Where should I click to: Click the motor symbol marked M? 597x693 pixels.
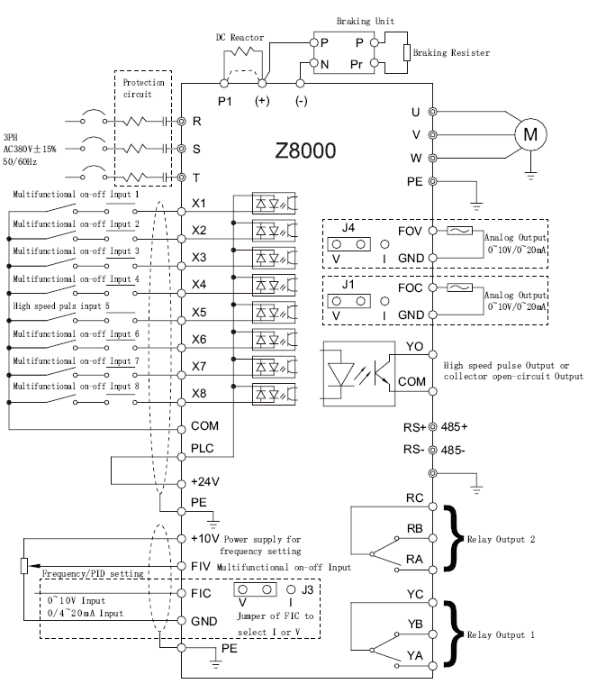pyautogui.click(x=530, y=134)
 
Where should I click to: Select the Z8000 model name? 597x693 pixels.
pyautogui.click(x=305, y=150)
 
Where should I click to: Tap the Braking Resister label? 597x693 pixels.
pyautogui.click(x=451, y=52)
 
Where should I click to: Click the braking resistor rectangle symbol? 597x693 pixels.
pyautogui.click(x=407, y=52)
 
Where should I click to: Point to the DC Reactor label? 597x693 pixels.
pyautogui.click(x=240, y=38)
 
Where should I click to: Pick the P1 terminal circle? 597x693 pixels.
pyautogui.click(x=224, y=83)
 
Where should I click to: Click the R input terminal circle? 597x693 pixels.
pyautogui.click(x=181, y=121)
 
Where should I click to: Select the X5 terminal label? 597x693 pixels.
pyautogui.click(x=199, y=312)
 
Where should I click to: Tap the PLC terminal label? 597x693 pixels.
pyautogui.click(x=203, y=448)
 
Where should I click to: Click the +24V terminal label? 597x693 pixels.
pyautogui.click(x=205, y=481)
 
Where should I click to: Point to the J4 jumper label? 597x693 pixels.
pyautogui.click(x=348, y=228)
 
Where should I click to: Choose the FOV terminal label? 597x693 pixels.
pyautogui.click(x=410, y=231)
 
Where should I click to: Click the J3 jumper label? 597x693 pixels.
pyautogui.click(x=307, y=589)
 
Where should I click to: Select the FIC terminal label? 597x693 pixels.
pyautogui.click(x=201, y=593)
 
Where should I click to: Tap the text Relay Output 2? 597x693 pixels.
pyautogui.click(x=501, y=539)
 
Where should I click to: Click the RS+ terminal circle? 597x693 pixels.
pyautogui.click(x=433, y=427)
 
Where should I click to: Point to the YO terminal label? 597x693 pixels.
pyautogui.click(x=414, y=346)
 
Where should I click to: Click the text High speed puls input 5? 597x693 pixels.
pyautogui.click(x=61, y=305)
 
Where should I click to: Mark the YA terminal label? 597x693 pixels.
pyautogui.click(x=414, y=655)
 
